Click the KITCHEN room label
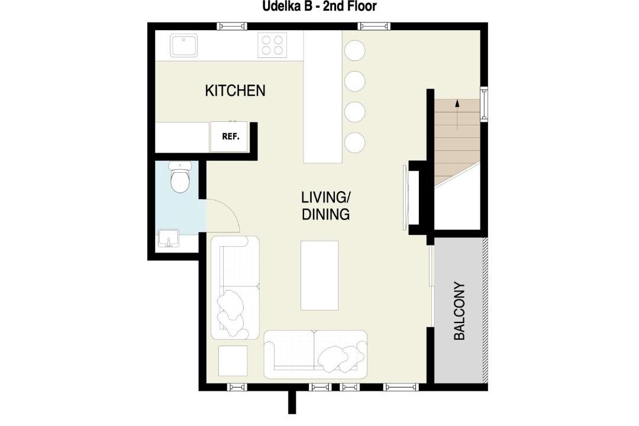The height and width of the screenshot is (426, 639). click(x=235, y=91)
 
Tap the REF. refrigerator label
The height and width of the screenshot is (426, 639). click(x=231, y=137)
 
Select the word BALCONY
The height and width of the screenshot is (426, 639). click(x=459, y=311)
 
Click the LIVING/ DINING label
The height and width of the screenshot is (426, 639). click(x=325, y=205)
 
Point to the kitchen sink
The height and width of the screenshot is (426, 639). click(x=184, y=45)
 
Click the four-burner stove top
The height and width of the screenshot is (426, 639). click(x=272, y=45)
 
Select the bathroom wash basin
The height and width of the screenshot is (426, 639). click(x=168, y=238)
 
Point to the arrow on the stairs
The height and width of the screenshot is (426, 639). click(x=457, y=115)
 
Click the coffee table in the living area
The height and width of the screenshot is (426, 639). click(x=319, y=275)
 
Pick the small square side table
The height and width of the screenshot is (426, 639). click(x=233, y=361)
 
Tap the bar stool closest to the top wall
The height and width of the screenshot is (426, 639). click(x=354, y=50)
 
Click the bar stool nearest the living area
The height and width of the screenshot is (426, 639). click(x=354, y=142)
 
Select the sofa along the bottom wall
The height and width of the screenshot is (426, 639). click(x=315, y=354)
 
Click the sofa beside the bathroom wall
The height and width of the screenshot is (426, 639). click(x=235, y=288)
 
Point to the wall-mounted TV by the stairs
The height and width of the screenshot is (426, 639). click(x=406, y=198)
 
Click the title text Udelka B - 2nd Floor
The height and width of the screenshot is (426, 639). click(x=319, y=6)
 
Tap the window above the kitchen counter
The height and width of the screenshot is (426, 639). click(x=231, y=27)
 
